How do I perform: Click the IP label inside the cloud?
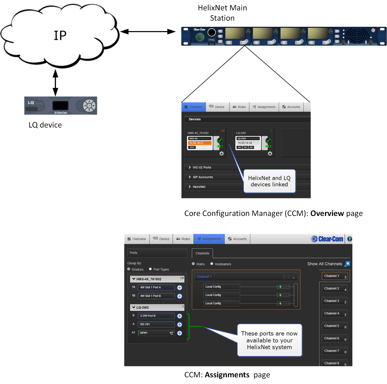tap(60, 36)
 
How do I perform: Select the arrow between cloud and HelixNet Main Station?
tap(148, 32)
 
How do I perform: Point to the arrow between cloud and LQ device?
tap(55, 83)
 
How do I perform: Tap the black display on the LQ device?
tap(61, 105)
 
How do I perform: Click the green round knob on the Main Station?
tap(200, 37)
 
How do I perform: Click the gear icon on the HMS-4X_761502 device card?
tap(222, 154)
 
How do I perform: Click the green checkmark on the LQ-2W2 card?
tap(268, 140)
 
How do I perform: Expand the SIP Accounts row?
tap(203, 177)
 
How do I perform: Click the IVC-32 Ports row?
tap(202, 168)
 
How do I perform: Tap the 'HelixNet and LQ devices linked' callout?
tap(269, 181)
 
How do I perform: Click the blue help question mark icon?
tap(350, 239)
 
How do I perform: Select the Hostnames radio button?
tap(212, 264)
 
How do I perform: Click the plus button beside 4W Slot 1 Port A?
tap(180, 288)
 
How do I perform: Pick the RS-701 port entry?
tap(156, 324)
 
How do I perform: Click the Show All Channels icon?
tap(347, 264)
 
